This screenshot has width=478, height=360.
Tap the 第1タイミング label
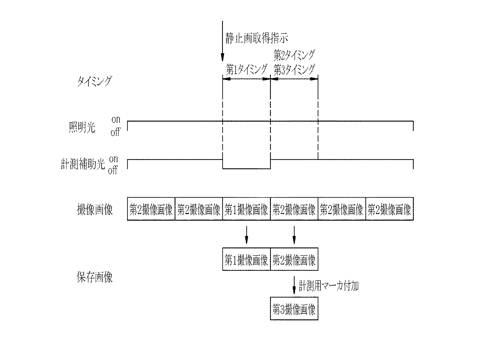pyautogui.click(x=246, y=69)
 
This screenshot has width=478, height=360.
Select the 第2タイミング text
pyautogui.click(x=294, y=55)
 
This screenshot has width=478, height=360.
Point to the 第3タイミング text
pyautogui.click(x=294, y=69)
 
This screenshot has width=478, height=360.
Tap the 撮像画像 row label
pyautogui.click(x=95, y=210)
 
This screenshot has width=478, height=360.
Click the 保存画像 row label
pyautogui.click(x=95, y=278)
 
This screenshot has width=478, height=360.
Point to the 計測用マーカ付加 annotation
pyautogui.click(x=329, y=286)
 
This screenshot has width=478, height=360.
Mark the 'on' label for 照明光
pyautogui.click(x=115, y=120)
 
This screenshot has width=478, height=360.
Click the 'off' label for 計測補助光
pyautogui.click(x=113, y=171)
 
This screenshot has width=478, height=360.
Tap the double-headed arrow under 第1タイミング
pyautogui.click(x=246, y=79)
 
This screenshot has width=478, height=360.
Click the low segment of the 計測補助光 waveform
pyautogui.click(x=246, y=168)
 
